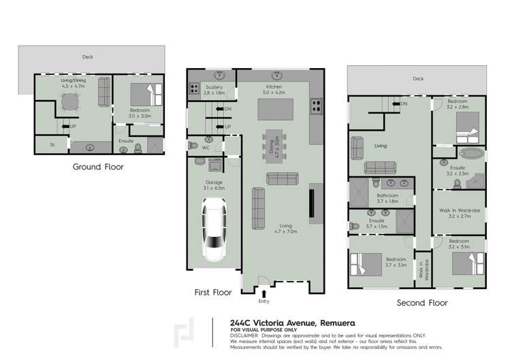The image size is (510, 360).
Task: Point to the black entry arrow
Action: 263,293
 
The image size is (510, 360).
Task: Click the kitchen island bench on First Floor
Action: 276,110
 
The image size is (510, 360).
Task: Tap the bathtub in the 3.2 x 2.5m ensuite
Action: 470,154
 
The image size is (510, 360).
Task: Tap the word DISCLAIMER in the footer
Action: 244,336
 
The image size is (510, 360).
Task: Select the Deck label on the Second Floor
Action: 417,79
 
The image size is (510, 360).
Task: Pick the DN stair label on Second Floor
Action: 404,103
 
